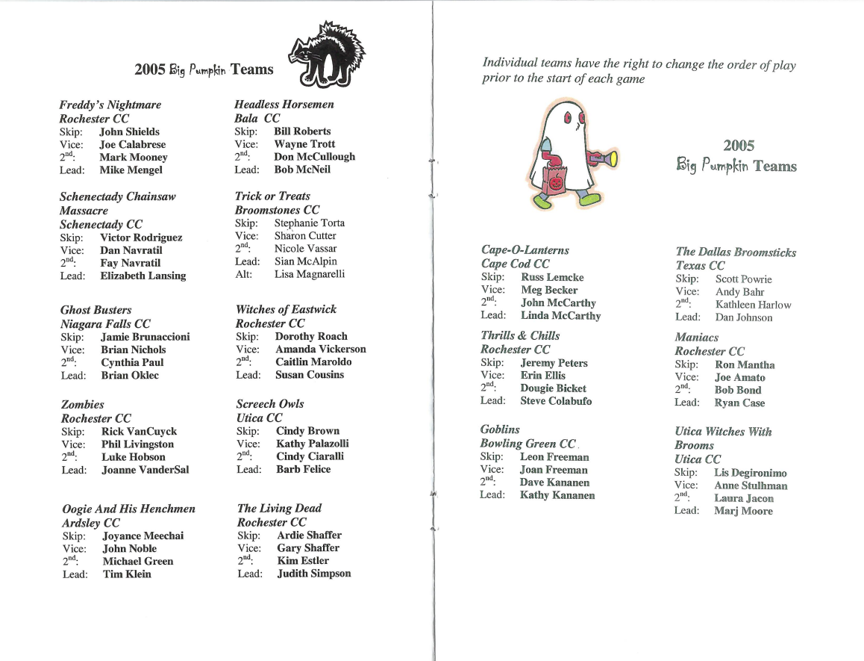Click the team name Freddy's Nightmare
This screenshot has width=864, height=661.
tap(110, 105)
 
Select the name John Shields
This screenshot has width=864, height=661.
tap(129, 131)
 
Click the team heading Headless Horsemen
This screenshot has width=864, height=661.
tap(284, 104)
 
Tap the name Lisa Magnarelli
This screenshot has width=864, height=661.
tap(309, 274)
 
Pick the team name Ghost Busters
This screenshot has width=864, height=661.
tap(96, 309)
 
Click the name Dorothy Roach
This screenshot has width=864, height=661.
tap(311, 336)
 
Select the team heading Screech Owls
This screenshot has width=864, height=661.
tap(270, 403)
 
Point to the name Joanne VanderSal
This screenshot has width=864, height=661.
tap(145, 470)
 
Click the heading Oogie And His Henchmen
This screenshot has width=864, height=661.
tap(128, 509)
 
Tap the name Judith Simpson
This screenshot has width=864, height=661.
tap(313, 574)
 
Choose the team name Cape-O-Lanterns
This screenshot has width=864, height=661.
tap(525, 249)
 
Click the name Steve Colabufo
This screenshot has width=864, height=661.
tap(556, 401)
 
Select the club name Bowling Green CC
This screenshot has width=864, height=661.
tap(528, 444)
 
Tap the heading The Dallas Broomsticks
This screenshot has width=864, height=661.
tap(736, 252)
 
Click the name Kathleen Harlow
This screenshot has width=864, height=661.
tap(753, 305)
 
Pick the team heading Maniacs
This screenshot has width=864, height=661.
tap(696, 337)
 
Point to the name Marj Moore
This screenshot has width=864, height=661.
tap(743, 511)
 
